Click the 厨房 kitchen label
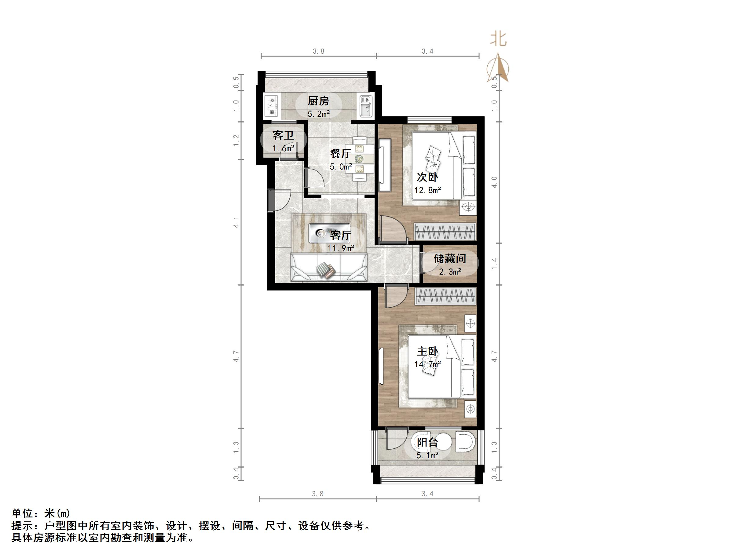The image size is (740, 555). point(318,101)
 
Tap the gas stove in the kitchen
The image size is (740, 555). point(271,106)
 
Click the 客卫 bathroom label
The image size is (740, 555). point(283,136)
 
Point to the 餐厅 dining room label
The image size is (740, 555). point(340,154)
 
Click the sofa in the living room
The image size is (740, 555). point(329,267)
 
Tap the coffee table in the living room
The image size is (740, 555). point(330,233)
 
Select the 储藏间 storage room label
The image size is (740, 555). point(450,259)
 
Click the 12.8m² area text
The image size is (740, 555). point(427,190)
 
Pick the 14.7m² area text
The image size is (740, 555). point(427,364)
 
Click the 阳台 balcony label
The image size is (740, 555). point(427,442)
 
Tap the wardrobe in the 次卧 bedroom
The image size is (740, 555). point(445,232)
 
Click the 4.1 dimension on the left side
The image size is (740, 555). point(236,222)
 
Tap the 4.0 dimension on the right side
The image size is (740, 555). point(494,182)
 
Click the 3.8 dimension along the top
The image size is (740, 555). point(318,51)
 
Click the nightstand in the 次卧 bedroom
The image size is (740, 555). point(468,207)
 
